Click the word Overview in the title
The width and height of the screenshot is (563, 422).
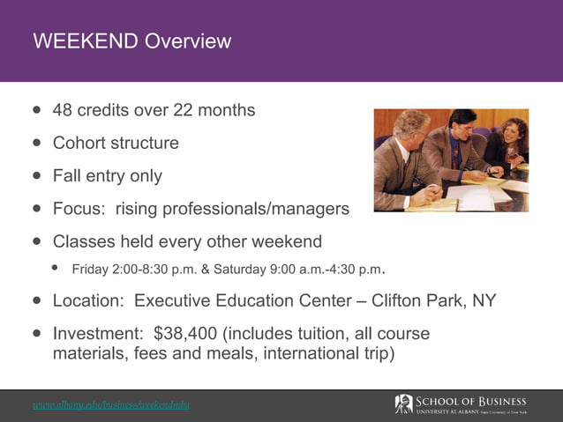[188, 41]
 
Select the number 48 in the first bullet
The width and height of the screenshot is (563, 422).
[63, 110]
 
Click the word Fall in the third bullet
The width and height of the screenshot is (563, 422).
[67, 175]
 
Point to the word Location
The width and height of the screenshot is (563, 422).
[87, 300]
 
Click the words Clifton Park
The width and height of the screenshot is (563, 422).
[419, 300]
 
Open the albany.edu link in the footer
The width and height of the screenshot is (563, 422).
[111, 405]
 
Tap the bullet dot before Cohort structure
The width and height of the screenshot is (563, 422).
[37, 143]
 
